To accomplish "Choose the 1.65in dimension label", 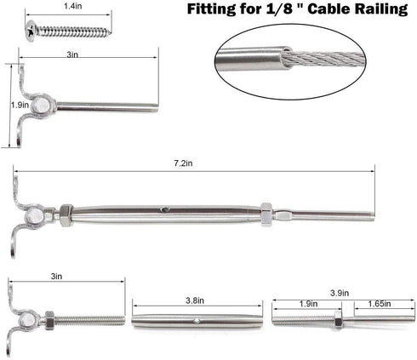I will click(x=380, y=302).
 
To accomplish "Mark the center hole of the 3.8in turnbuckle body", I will click(x=196, y=321).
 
